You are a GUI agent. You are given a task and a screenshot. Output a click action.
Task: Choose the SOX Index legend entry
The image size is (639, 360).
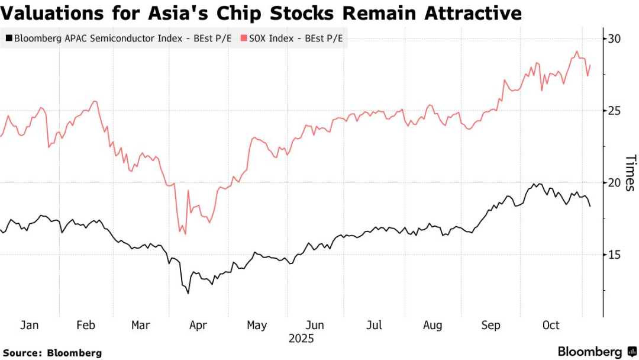pyautogui.click(x=292, y=40)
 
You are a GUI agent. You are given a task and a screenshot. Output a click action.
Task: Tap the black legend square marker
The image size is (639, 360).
pyautogui.click(x=8, y=40)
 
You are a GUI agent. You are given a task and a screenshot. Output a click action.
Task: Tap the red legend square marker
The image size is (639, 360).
pyautogui.click(x=243, y=40)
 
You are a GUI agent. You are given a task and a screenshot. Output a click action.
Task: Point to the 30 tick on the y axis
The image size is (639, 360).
pyautogui.click(x=614, y=39)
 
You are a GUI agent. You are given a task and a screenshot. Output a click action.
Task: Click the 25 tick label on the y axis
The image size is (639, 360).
pyautogui.click(x=614, y=111)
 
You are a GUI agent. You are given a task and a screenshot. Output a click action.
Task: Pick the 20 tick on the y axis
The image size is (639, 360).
pyautogui.click(x=614, y=182)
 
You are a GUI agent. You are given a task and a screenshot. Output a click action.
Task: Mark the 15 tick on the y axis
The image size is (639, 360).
pyautogui.click(x=614, y=255)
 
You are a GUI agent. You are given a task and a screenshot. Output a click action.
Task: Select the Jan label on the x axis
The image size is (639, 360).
pyautogui.click(x=30, y=325)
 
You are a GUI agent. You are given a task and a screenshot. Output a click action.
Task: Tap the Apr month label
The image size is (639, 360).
pyautogui.click(x=197, y=325)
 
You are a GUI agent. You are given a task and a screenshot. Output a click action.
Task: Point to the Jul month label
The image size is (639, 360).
pyautogui.click(x=374, y=325)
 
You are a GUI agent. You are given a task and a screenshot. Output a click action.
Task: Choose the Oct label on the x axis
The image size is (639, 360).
pyautogui.click(x=551, y=325)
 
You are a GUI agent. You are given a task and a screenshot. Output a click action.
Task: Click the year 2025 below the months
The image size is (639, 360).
pyautogui.click(x=301, y=339)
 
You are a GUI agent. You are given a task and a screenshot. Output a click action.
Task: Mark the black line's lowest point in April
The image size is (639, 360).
pyautogui.click(x=188, y=293)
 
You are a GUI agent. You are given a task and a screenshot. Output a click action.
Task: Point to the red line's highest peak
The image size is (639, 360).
pyautogui.click(x=577, y=52)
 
